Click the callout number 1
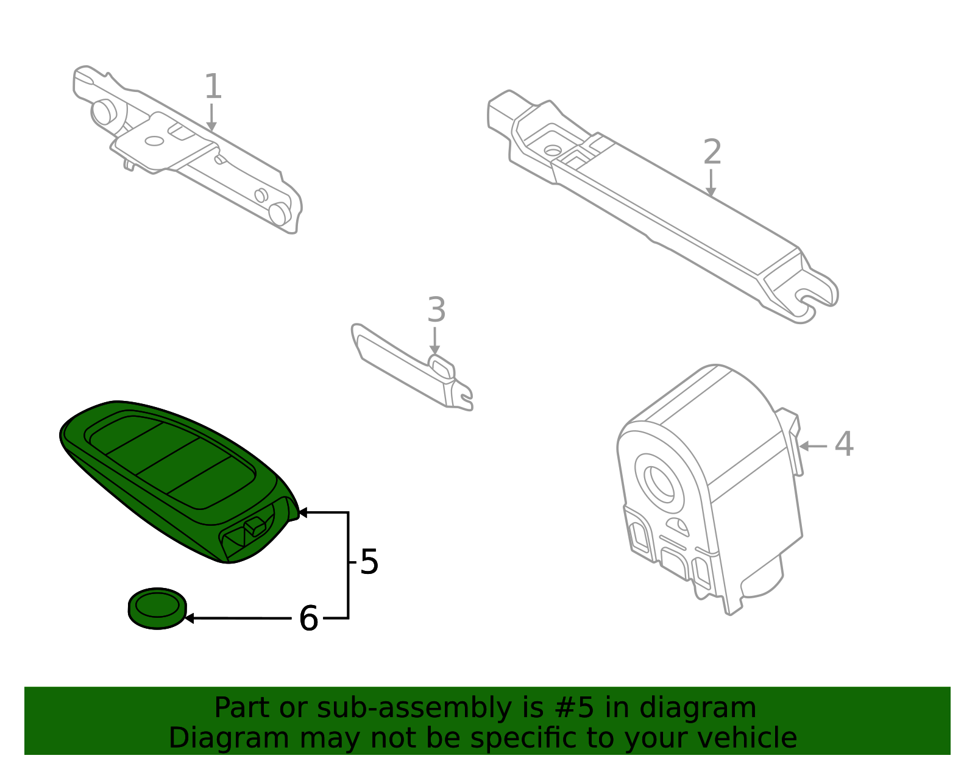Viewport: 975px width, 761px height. (212, 87)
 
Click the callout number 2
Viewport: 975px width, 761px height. (712, 152)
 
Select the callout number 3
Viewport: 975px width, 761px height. (436, 311)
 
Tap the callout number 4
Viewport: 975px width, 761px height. (844, 444)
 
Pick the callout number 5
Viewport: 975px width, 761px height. (369, 562)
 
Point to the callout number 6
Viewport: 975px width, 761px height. (308, 619)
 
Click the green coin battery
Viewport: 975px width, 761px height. (157, 608)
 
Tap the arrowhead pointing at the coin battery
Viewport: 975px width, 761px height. (189, 618)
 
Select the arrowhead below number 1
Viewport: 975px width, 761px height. (211, 127)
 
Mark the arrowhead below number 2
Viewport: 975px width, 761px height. (711, 193)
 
